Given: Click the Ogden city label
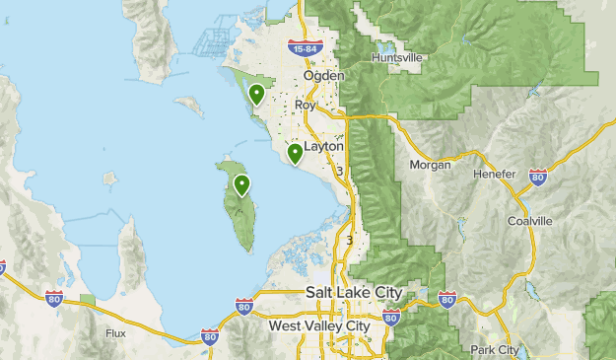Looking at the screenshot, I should click(x=323, y=76).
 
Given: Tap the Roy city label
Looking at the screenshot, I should click(x=305, y=105).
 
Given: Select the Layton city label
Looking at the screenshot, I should click(x=324, y=145).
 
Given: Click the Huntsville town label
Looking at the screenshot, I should click(x=397, y=58).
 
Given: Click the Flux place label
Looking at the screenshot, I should click(x=115, y=333).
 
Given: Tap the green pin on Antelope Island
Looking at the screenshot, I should click(x=240, y=184).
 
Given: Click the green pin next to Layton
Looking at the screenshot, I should click(x=295, y=153).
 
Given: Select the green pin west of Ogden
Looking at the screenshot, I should click(x=256, y=95).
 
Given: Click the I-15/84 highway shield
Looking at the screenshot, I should click(x=303, y=47).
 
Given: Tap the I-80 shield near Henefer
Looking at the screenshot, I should click(x=537, y=178).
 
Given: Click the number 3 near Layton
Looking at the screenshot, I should click(x=338, y=172).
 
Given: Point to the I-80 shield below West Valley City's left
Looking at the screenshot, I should click(x=210, y=337).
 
